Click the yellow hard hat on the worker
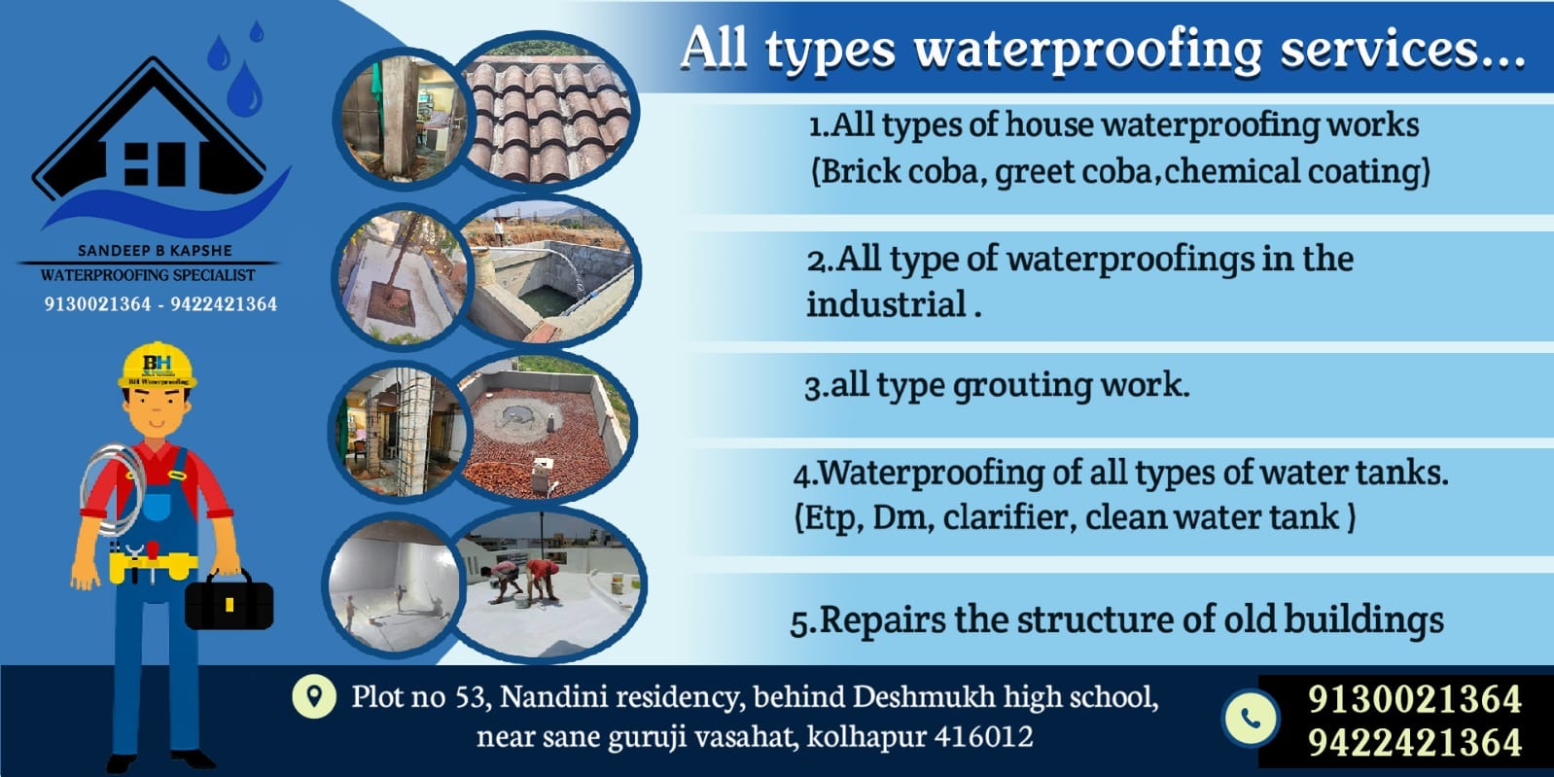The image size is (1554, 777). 158,366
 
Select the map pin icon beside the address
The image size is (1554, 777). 314,696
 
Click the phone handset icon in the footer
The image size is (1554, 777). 1251,718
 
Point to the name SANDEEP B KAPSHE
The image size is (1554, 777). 155,251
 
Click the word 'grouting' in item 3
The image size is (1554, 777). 1022,385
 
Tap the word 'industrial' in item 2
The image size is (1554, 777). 886,304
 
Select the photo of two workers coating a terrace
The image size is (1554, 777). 549,584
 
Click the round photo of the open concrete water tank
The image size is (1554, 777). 548,270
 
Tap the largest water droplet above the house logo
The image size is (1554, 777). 245,88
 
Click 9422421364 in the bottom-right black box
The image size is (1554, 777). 1414,742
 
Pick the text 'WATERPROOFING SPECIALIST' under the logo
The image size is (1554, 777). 148,275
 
